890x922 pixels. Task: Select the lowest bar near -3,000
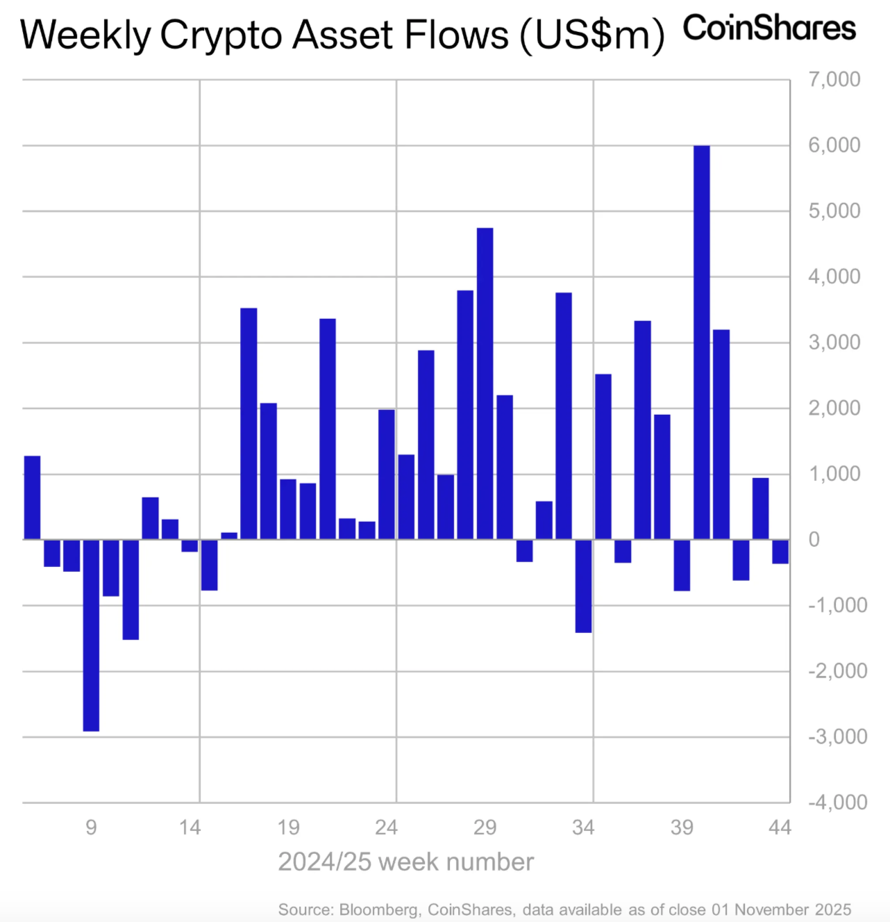[91, 635]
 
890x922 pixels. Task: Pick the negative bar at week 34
[583, 586]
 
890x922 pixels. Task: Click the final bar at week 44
[780, 552]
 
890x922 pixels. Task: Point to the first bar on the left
[32, 497]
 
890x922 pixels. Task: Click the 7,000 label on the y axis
[834, 79]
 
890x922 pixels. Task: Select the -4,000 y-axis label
[837, 802]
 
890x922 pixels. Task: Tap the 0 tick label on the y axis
[814, 539]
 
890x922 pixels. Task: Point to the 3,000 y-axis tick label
[834, 343]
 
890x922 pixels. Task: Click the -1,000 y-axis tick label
[837, 605]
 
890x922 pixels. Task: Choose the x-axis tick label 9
[91, 828]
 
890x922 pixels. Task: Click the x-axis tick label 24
[387, 828]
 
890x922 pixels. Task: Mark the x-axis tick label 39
[682, 828]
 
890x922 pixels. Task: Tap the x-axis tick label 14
[190, 828]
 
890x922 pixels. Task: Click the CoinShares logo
[769, 29]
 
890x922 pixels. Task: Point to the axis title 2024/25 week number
[406, 862]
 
